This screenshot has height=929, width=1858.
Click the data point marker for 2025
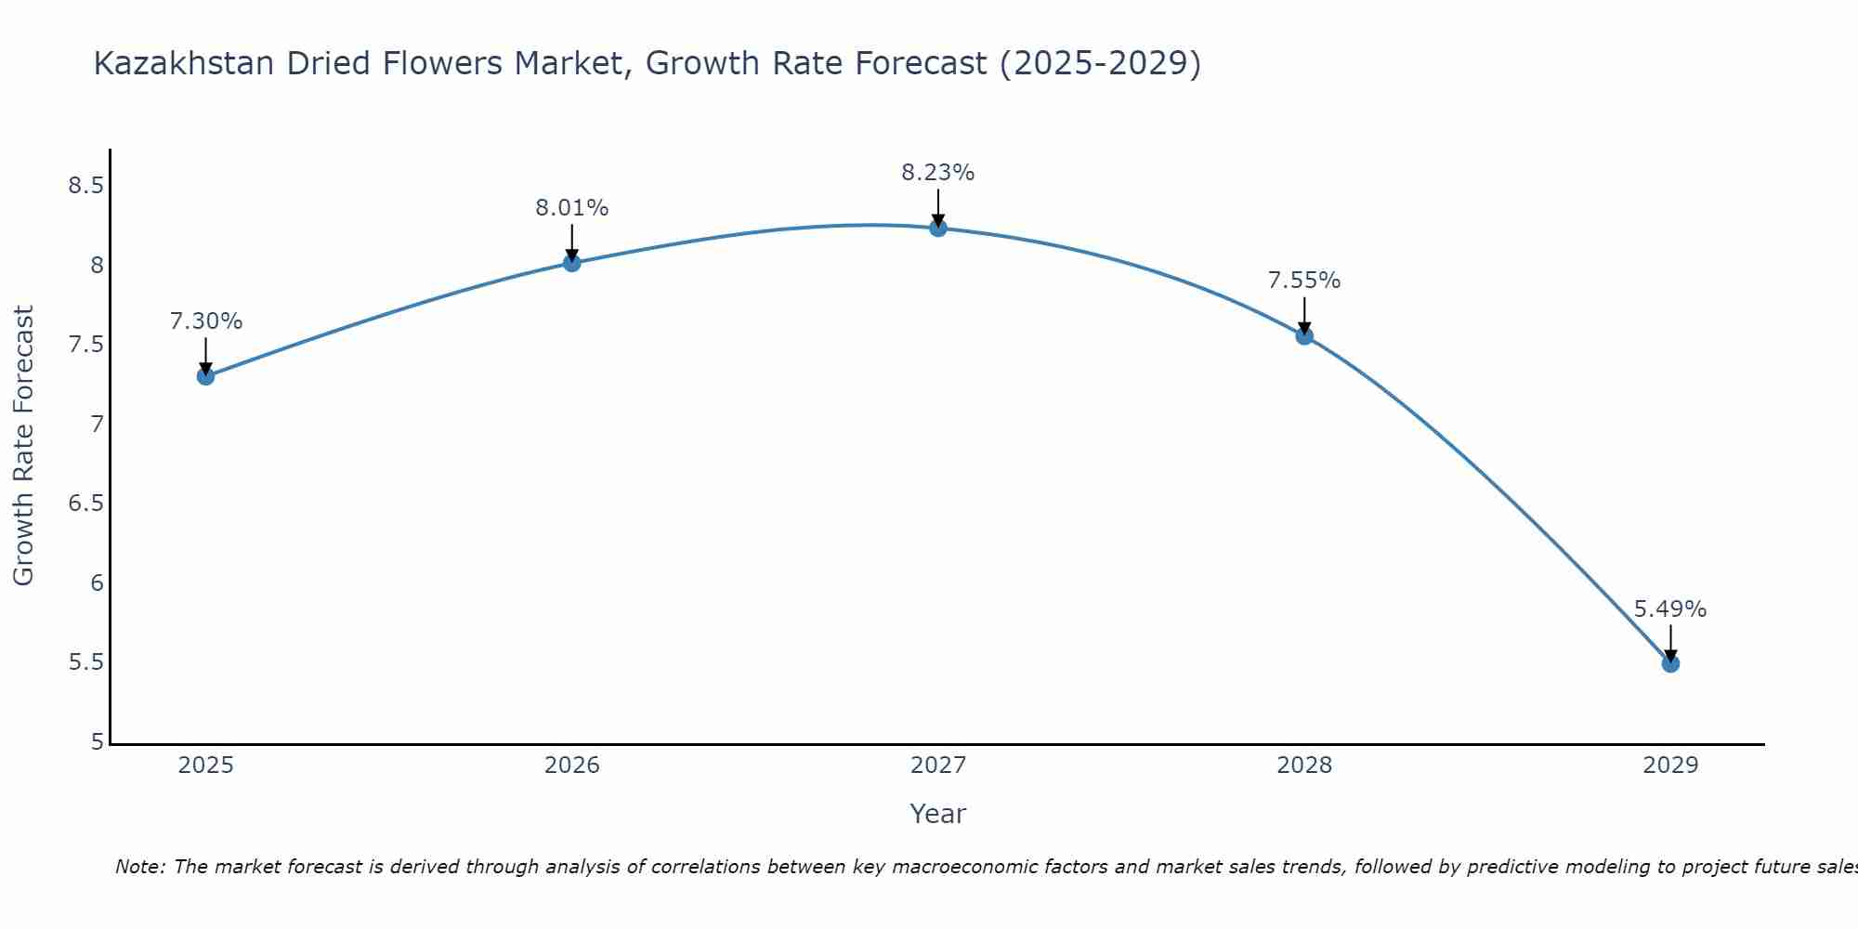[x=205, y=376]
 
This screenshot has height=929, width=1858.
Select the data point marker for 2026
[x=572, y=263]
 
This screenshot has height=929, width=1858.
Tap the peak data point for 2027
[x=938, y=228]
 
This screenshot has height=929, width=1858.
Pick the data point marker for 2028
[x=1304, y=336]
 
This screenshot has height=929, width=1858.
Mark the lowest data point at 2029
[x=1670, y=663]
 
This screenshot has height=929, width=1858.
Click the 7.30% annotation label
[x=205, y=321]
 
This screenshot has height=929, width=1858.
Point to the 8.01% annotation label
[x=572, y=208]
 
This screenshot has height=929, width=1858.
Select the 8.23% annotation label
[x=938, y=173]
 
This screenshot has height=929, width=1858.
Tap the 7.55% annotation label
[x=1304, y=281]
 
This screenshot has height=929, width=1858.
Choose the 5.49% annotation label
[x=1670, y=609]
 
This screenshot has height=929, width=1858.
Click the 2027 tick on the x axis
[x=938, y=765]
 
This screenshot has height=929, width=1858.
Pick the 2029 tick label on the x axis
[x=1670, y=765]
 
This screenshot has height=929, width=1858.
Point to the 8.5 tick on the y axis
[x=85, y=186]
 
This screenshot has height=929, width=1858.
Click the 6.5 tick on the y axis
[x=85, y=504]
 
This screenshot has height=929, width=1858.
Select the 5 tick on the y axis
[x=97, y=742]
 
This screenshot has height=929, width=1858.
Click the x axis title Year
[x=938, y=814]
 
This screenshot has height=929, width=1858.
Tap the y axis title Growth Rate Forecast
[x=23, y=446]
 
